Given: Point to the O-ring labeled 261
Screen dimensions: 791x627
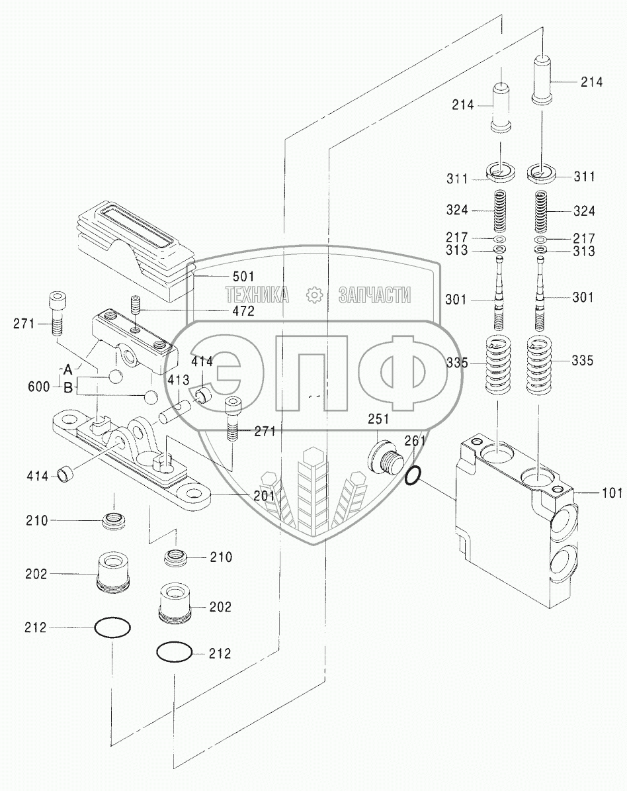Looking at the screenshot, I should (411, 475).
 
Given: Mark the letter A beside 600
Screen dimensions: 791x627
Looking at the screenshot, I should (67, 368).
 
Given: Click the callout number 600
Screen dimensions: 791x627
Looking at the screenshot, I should (38, 385).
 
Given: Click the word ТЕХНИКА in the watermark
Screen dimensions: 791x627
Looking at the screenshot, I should (257, 296).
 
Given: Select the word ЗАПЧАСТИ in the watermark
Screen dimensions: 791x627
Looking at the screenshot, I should (375, 296).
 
